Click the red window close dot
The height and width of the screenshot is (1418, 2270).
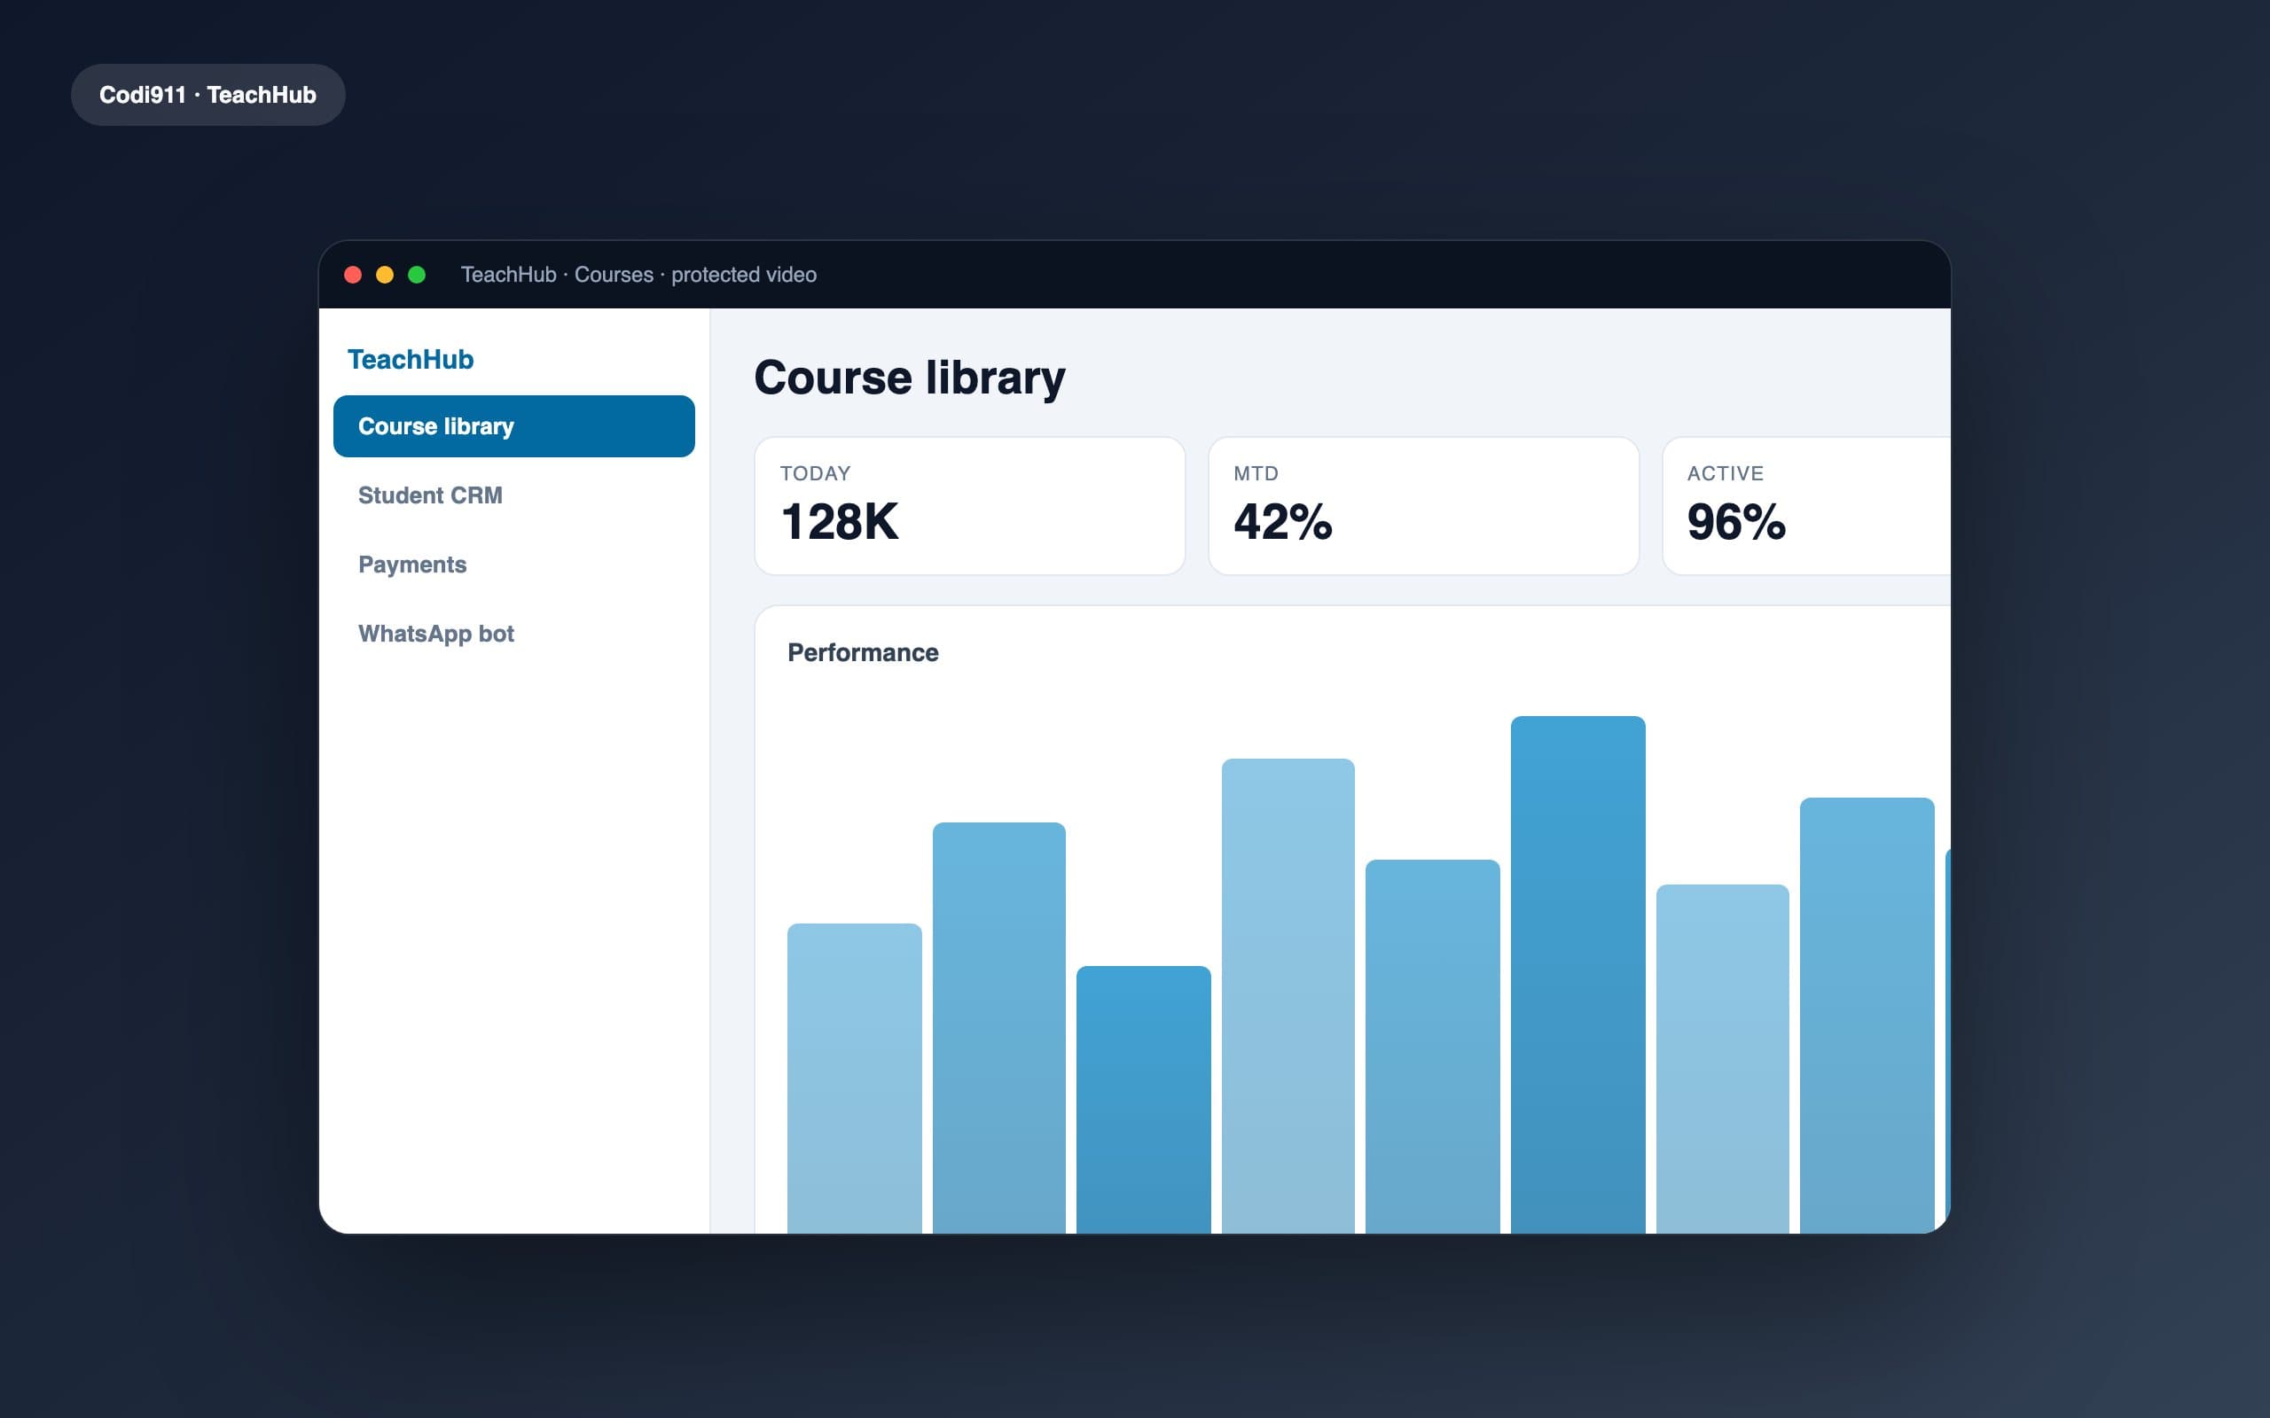[353, 275]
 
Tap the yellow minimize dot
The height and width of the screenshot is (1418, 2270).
[385, 275]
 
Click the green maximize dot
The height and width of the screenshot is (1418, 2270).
[417, 275]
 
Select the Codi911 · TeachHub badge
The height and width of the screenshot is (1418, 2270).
[208, 95]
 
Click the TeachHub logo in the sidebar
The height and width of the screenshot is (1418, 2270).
[411, 359]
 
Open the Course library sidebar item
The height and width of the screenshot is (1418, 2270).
[514, 426]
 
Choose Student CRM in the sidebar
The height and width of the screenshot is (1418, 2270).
[431, 495]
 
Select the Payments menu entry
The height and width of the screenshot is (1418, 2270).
[412, 565]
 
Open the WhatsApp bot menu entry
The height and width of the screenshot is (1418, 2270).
[436, 634]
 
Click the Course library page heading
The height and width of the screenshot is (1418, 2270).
[910, 378]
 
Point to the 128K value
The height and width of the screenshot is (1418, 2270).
[840, 521]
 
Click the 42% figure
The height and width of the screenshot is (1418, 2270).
[1283, 521]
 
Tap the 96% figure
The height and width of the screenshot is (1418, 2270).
[1736, 521]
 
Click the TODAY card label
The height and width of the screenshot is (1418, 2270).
[815, 473]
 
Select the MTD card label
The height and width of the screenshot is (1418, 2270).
[1256, 473]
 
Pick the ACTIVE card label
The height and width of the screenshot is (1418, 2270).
[1725, 473]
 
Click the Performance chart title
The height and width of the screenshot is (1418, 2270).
[863, 653]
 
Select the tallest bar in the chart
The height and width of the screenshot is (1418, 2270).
[1577, 974]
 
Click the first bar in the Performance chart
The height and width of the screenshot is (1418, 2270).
[855, 1079]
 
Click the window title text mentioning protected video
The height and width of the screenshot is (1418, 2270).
[638, 275]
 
